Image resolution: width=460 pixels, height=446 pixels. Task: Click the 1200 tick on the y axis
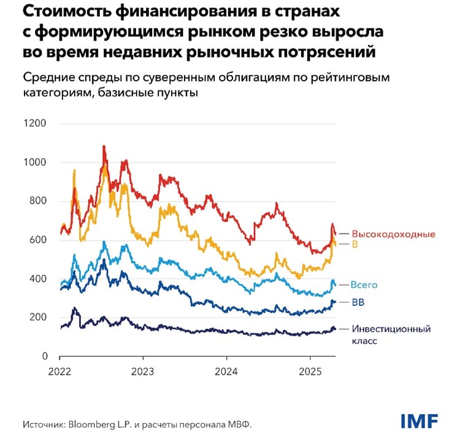(x=35, y=123)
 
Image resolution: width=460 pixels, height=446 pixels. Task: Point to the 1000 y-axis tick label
(x=35, y=162)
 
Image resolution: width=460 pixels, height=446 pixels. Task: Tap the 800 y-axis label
(x=38, y=201)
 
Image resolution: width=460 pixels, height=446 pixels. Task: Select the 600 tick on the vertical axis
(x=38, y=240)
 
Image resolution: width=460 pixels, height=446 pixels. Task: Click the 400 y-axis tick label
(x=38, y=279)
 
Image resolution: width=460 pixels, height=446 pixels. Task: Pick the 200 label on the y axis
(x=38, y=318)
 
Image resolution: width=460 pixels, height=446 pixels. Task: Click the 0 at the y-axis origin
(x=44, y=356)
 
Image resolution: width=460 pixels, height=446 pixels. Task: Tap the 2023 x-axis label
(x=143, y=372)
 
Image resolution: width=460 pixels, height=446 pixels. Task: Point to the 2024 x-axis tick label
(x=226, y=372)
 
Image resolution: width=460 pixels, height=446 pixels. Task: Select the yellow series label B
(x=355, y=245)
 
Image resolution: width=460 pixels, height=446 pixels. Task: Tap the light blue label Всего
(x=364, y=284)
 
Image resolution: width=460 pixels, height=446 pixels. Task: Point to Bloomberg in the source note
(x=91, y=424)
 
